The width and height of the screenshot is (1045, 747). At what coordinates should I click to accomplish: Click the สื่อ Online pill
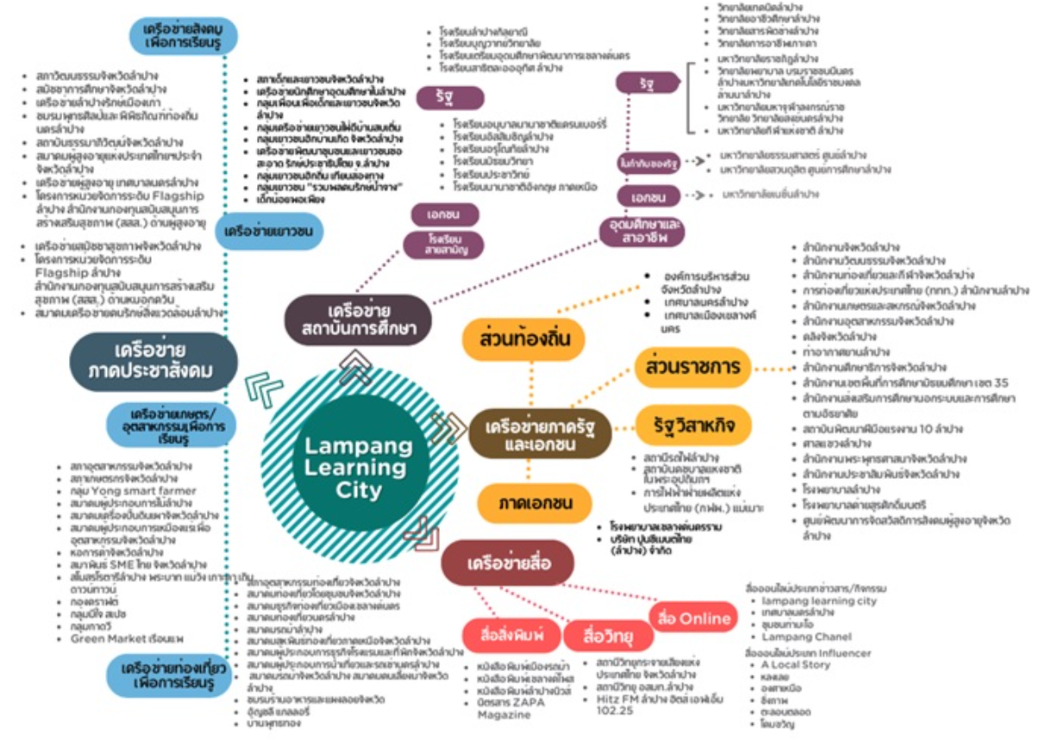[694, 618]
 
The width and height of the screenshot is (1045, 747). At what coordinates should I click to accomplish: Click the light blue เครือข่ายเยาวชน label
[268, 231]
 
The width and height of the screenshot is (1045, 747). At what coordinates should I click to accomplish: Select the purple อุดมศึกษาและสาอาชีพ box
[640, 232]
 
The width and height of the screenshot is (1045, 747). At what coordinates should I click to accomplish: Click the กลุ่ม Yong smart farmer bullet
[131, 490]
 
